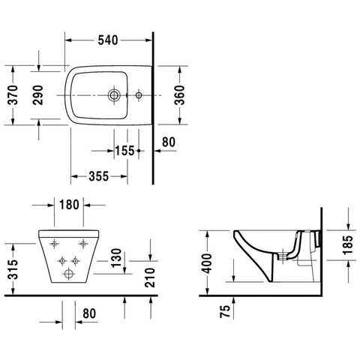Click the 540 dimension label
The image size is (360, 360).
(108, 40)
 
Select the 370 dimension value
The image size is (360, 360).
(13, 94)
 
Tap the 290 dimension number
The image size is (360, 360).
(38, 94)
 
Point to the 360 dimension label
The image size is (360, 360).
(179, 95)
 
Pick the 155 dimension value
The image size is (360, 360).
(124, 151)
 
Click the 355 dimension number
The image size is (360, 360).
(99, 176)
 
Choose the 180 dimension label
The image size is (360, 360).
(69, 205)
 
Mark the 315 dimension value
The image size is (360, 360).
(13, 269)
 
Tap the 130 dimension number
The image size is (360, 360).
(116, 258)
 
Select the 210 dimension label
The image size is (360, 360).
(150, 277)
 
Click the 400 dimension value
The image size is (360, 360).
(207, 263)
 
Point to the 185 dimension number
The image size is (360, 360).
(348, 245)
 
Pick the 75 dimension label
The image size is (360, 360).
(225, 311)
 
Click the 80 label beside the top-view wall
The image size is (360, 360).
(169, 142)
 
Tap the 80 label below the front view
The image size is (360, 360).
(89, 313)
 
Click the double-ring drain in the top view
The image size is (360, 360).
(114, 95)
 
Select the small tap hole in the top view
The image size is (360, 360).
(139, 95)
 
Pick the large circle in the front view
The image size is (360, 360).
(68, 274)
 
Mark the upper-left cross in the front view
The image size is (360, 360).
(55, 243)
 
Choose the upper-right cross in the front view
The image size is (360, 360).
(83, 243)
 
